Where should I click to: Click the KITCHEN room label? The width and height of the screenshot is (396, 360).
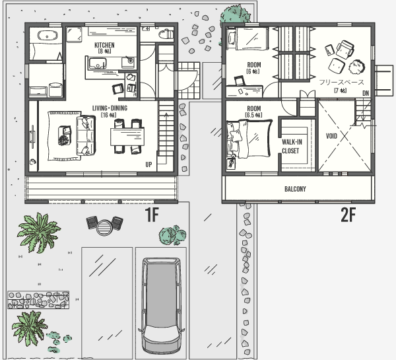(x=104, y=45)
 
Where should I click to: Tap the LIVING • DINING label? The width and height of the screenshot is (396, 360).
(x=110, y=108)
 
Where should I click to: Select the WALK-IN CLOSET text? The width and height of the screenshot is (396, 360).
(x=292, y=147)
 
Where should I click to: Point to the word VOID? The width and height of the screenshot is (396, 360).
(x=331, y=136)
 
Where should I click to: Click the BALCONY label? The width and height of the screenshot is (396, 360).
(x=295, y=189)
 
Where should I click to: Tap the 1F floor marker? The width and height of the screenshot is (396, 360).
(x=152, y=215)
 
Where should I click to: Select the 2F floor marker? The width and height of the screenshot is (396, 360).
(x=348, y=215)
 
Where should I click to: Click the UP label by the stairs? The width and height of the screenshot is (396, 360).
(x=148, y=164)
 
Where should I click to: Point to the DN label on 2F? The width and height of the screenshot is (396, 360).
(x=366, y=93)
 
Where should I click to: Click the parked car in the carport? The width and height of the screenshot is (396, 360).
(x=161, y=306)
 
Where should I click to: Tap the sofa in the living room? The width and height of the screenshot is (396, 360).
(x=86, y=135)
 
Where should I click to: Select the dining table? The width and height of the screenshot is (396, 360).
(x=127, y=137)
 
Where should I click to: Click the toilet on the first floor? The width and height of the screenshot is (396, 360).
(x=166, y=34)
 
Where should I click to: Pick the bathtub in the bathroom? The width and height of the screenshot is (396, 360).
(x=48, y=35)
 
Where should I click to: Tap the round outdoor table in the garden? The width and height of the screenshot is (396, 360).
(x=104, y=227)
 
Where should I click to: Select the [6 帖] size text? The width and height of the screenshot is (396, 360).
(x=253, y=71)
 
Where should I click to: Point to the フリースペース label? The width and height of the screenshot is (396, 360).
(x=341, y=82)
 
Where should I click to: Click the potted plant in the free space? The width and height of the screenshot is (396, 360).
(x=356, y=67)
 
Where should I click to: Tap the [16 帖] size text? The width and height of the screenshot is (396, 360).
(x=109, y=115)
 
